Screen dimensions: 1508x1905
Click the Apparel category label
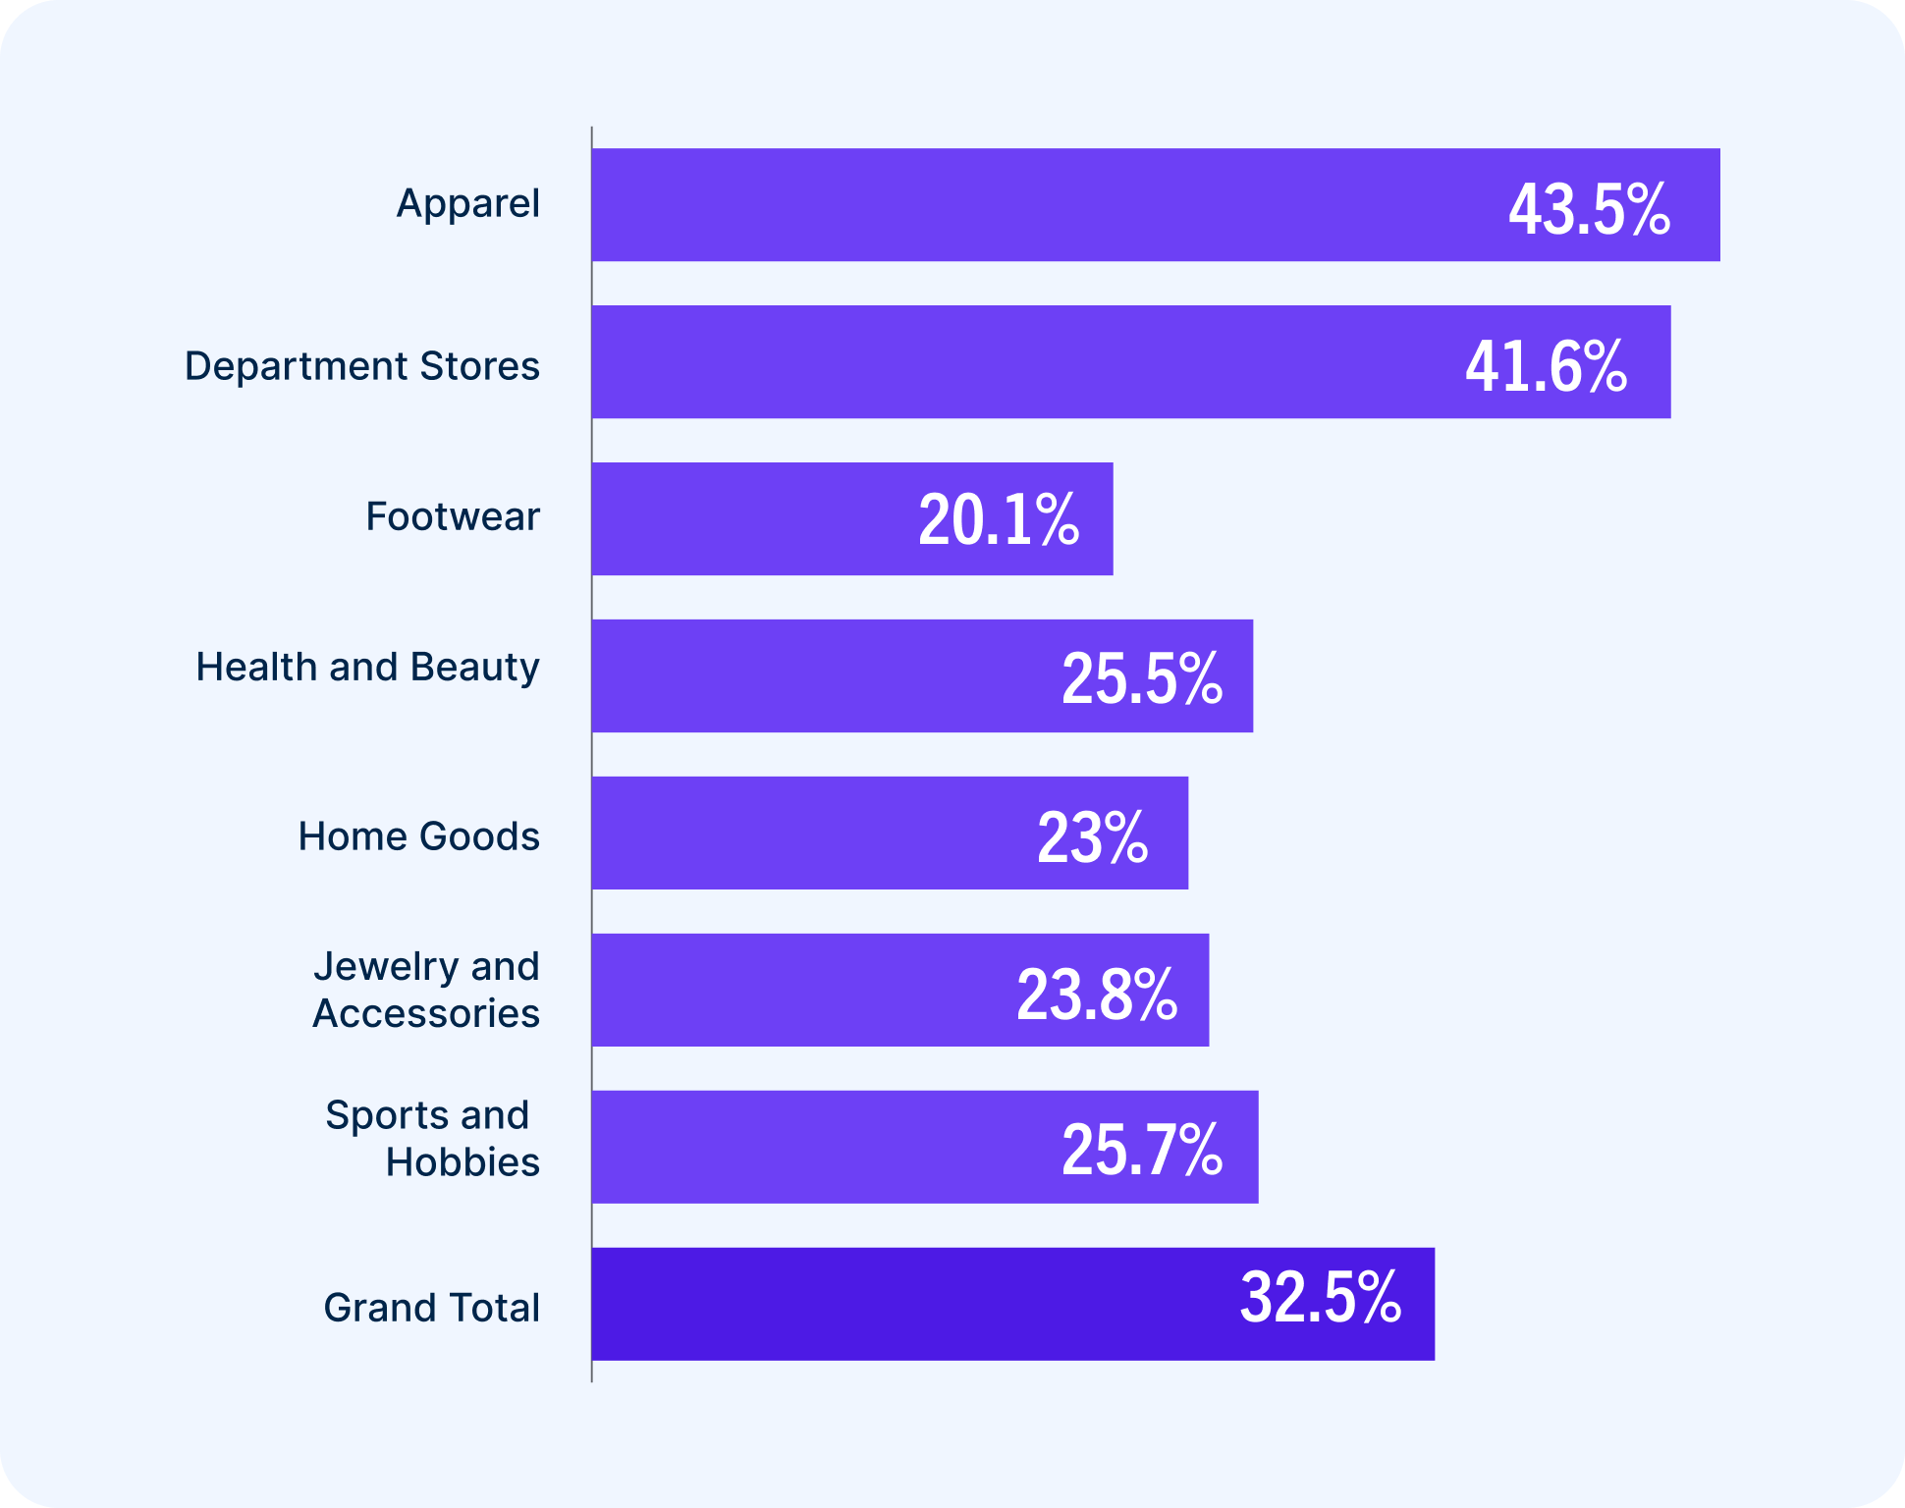pyautogui.click(x=467, y=204)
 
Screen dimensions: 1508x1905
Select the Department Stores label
pyautogui.click(x=362, y=366)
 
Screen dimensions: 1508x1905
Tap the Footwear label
pyautogui.click(x=453, y=516)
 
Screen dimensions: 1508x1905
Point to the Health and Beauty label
pyautogui.click(x=367, y=668)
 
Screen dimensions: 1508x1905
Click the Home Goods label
pyautogui.click(x=418, y=836)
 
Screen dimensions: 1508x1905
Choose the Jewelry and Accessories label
pyautogui.click(x=426, y=990)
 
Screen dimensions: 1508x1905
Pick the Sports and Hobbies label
pyautogui.click(x=432, y=1139)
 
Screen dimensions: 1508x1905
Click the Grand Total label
pyautogui.click(x=432, y=1308)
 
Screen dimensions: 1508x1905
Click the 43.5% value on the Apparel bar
pyautogui.click(x=1589, y=209)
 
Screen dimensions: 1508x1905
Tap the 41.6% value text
pyautogui.click(x=1546, y=366)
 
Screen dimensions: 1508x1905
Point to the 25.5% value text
pyautogui.click(x=1142, y=677)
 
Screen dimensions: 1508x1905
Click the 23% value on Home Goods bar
pyautogui.click(x=1092, y=837)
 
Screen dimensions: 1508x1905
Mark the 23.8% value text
pyautogui.click(x=1097, y=995)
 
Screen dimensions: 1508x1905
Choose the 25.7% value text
pyautogui.click(x=1142, y=1150)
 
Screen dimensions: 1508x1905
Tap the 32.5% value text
pyautogui.click(x=1321, y=1298)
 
